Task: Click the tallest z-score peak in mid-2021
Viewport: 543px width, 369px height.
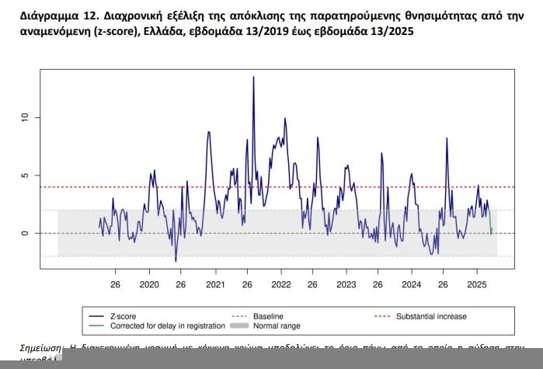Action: click(x=253, y=78)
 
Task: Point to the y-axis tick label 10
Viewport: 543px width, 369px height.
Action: click(x=24, y=117)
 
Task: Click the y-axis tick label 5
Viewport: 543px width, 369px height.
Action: click(x=24, y=176)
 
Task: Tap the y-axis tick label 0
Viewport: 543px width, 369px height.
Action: click(x=24, y=233)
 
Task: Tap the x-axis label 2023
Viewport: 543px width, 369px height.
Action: click(x=346, y=285)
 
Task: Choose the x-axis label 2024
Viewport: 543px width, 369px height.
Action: click(x=412, y=285)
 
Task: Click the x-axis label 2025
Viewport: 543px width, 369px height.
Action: click(x=477, y=285)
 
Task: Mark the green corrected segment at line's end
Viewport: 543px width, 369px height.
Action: click(x=491, y=224)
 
